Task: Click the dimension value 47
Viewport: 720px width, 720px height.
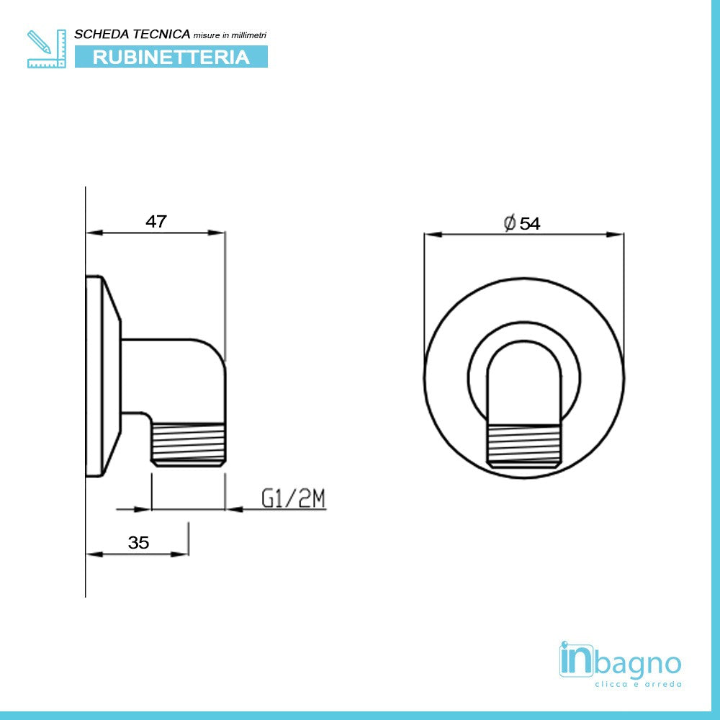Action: point(156,222)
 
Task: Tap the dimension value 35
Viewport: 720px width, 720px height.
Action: point(138,543)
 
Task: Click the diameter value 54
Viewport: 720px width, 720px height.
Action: point(530,224)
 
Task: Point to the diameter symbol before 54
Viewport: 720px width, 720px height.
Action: point(509,224)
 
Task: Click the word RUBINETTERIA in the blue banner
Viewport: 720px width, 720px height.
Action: point(171,57)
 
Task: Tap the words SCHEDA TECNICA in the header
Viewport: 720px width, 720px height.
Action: point(132,35)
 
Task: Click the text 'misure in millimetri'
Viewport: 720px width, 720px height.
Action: point(230,35)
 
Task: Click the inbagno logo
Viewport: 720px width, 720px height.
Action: point(619,661)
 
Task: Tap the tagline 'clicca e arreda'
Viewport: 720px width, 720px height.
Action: point(637,684)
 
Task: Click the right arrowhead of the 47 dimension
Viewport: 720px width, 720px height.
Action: point(217,233)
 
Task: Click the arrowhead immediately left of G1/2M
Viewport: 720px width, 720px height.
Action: point(235,510)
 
